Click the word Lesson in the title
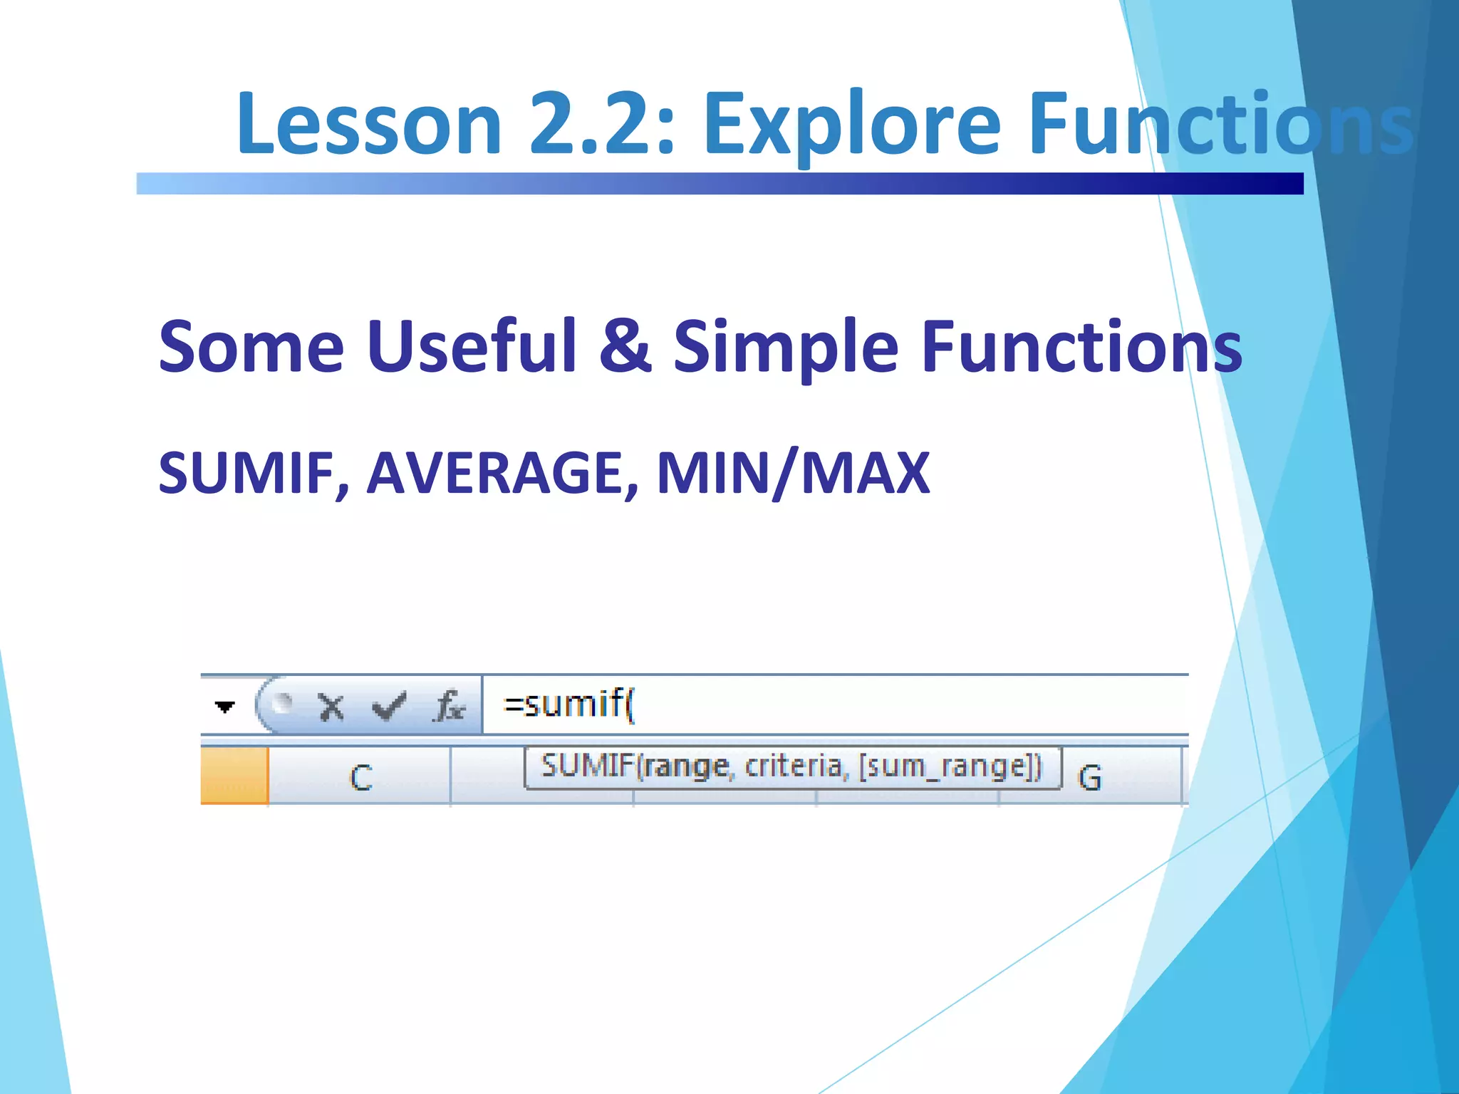point(369,124)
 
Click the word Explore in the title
point(852,124)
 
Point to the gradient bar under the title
point(720,184)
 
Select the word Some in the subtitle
point(251,347)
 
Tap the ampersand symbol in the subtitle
point(625,347)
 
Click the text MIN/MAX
point(793,473)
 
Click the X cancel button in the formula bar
point(331,707)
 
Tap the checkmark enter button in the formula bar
point(389,707)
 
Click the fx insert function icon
point(450,707)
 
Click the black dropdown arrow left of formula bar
point(224,707)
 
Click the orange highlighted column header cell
point(234,776)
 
